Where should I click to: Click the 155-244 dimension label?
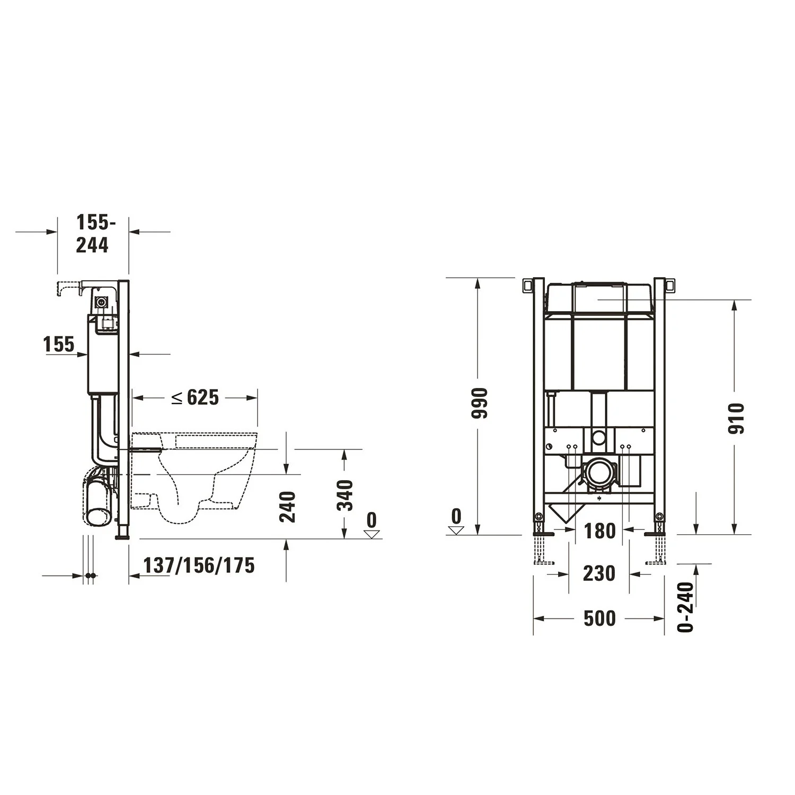[92, 234]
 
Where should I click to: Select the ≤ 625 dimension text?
[196, 397]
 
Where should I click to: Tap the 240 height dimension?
[287, 507]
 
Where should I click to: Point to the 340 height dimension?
[345, 495]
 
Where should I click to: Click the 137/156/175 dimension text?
[199, 566]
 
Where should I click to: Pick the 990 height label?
[479, 403]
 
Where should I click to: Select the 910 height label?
[736, 419]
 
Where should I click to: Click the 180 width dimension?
[600, 531]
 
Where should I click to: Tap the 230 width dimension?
[599, 573]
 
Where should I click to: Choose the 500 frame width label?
[599, 619]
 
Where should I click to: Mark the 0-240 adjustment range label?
[685, 607]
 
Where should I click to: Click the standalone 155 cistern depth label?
[59, 344]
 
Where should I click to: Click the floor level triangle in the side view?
[372, 534]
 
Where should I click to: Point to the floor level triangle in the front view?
[456, 530]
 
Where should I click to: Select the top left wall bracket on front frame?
[527, 285]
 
